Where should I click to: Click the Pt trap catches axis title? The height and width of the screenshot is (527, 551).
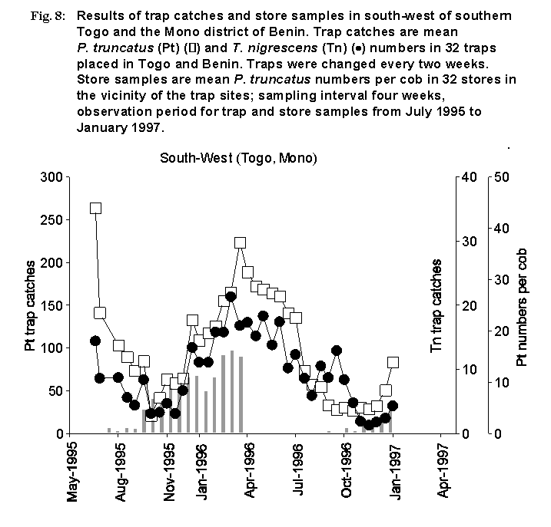click(x=31, y=305)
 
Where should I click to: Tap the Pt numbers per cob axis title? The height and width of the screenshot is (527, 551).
click(x=522, y=305)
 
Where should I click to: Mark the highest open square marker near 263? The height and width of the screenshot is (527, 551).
click(x=95, y=208)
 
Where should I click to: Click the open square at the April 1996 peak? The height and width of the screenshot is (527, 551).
click(x=240, y=242)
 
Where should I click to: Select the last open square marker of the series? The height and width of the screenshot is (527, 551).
click(x=393, y=362)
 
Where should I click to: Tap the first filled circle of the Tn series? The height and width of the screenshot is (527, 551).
click(x=95, y=341)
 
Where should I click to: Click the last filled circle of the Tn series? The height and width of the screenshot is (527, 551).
click(x=393, y=406)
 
